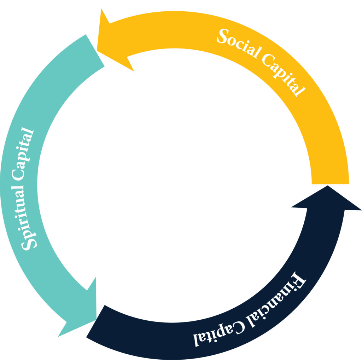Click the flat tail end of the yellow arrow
click(x=330, y=181)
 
